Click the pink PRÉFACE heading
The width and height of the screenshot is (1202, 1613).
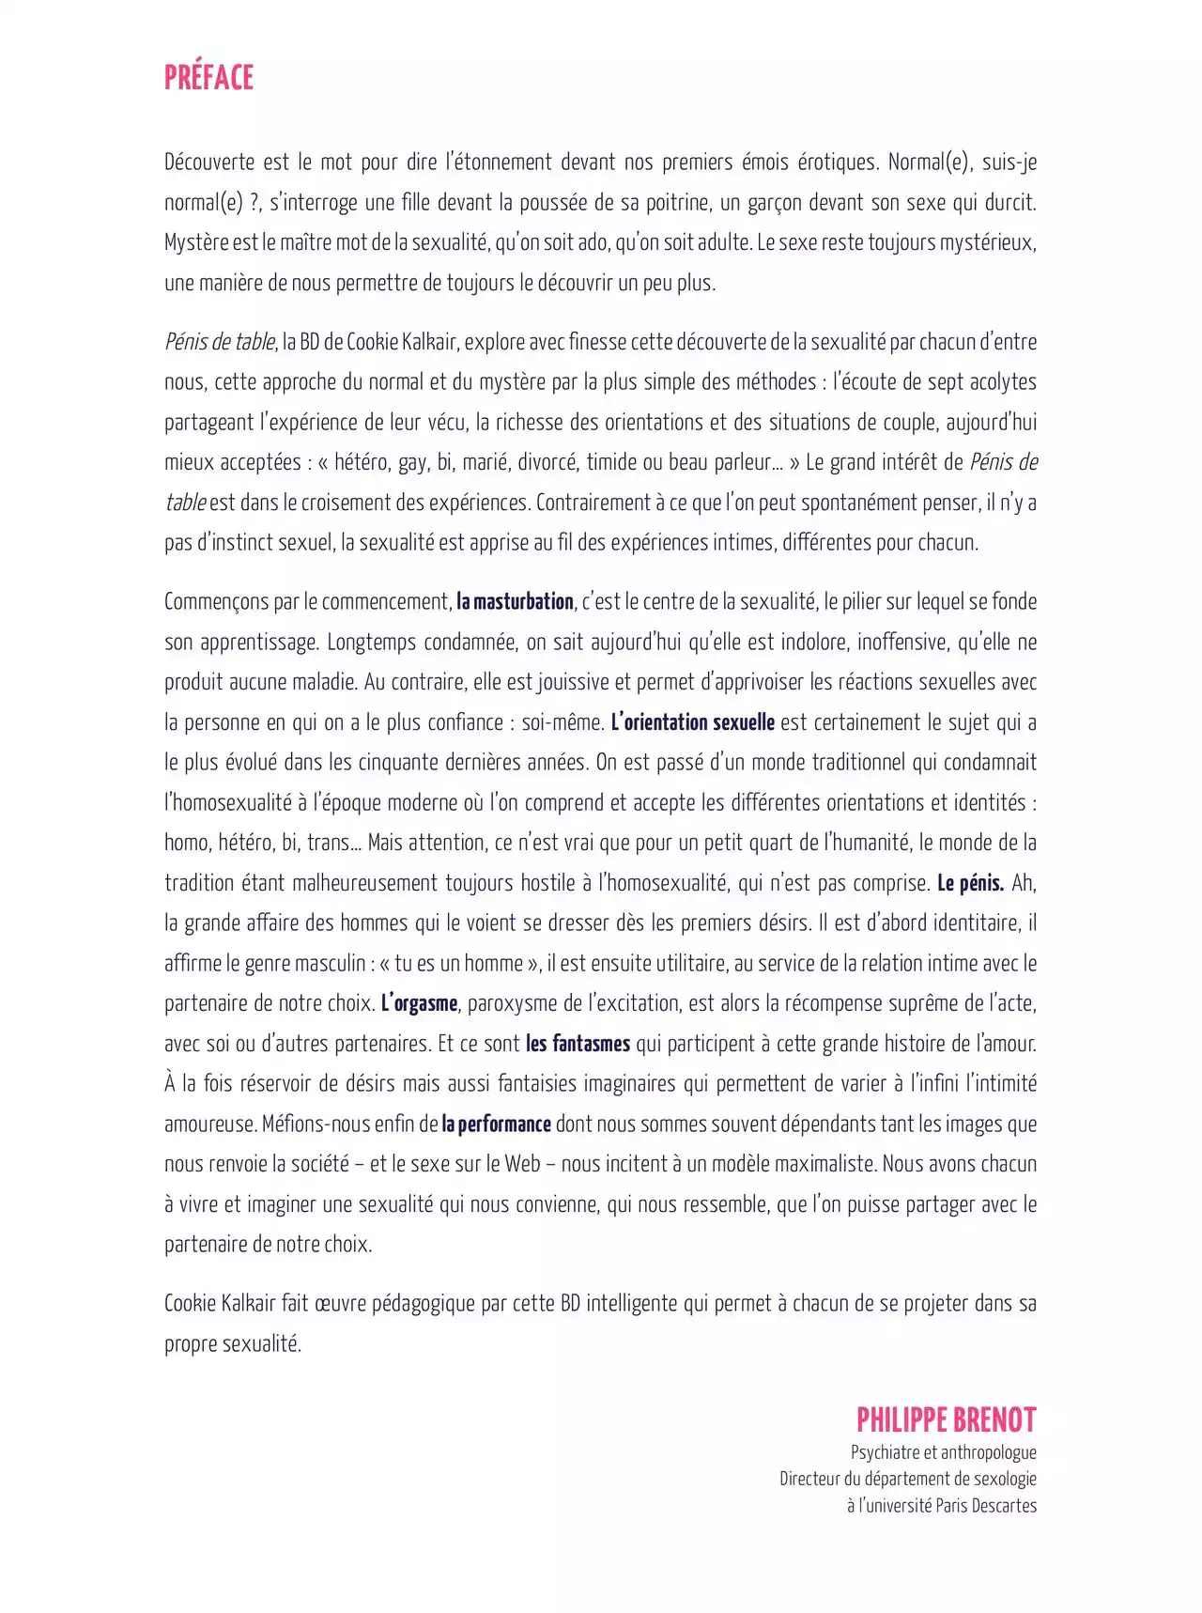pyautogui.click(x=208, y=77)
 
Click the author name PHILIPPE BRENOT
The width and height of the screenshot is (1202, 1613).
pyautogui.click(x=946, y=1419)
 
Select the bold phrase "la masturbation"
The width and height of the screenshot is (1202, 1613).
pyautogui.click(x=515, y=602)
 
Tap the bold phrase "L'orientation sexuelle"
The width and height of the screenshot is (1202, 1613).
pyautogui.click(x=692, y=722)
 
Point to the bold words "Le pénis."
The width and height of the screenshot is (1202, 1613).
pyautogui.click(x=970, y=883)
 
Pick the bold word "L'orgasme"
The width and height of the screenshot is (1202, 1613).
pyautogui.click(x=419, y=1003)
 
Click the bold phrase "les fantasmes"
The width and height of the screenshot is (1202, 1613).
pyautogui.click(x=578, y=1044)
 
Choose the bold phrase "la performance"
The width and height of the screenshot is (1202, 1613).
pyautogui.click(x=496, y=1124)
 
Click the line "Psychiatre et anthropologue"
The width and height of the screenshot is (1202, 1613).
pyautogui.click(x=943, y=1452)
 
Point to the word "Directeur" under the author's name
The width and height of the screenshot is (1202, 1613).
pyautogui.click(x=810, y=1479)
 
